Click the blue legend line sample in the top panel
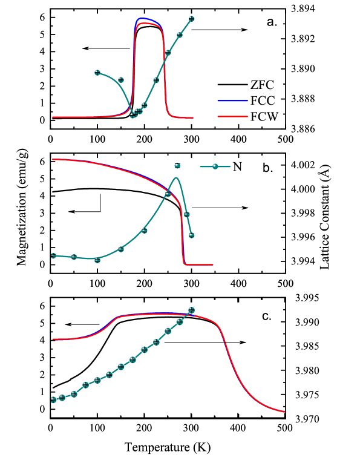click(232, 100)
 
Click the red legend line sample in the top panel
click(232, 116)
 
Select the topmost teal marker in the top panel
click(191, 19)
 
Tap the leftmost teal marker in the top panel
click(97, 73)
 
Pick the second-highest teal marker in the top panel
click(179, 35)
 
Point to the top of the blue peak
click(142, 18)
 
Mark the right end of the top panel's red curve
click(193, 117)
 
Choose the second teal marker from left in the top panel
click(121, 80)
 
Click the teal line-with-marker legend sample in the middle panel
click(215, 166)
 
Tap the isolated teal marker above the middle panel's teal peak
click(177, 165)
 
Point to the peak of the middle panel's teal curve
click(176, 177)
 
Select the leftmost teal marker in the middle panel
click(53, 255)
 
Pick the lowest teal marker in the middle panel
click(97, 260)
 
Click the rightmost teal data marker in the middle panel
click(191, 235)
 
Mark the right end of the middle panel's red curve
click(212, 264)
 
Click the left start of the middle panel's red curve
click(53, 159)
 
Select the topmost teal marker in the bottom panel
click(191, 310)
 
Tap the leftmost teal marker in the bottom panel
click(53, 399)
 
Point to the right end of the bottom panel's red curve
click(284, 412)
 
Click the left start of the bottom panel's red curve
click(53, 339)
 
